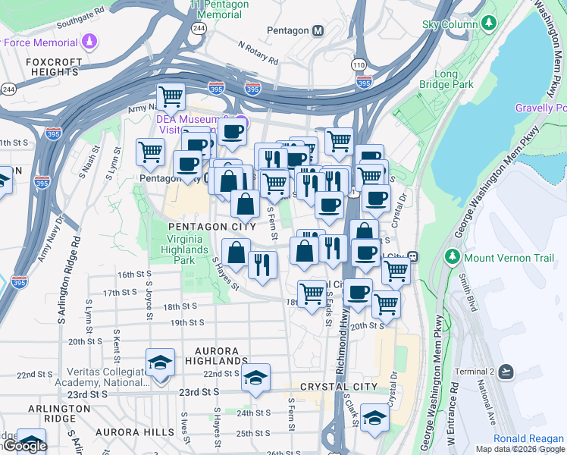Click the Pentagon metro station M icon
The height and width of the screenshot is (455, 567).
coord(318,30)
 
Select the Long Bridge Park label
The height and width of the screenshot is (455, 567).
coord(453,80)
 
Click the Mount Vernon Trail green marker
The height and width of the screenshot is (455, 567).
coord(454,256)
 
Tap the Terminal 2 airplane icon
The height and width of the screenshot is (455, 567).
coord(506,372)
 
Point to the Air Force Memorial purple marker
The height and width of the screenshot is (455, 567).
coord(91,41)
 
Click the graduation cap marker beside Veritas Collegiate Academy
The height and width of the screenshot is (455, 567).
coord(160,363)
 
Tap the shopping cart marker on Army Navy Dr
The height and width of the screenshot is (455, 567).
coord(171,96)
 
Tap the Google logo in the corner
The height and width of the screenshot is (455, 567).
coord(25,446)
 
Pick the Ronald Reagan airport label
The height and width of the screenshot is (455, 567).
coord(528,438)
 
